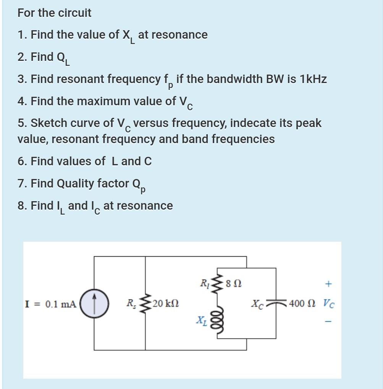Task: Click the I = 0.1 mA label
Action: click(50, 304)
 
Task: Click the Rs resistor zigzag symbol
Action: click(145, 304)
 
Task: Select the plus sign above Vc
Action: click(328, 284)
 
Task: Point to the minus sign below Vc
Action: click(328, 322)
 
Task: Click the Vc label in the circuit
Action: click(329, 304)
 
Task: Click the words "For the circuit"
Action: click(54, 13)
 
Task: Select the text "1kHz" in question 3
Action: click(313, 79)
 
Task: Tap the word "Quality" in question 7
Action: click(76, 184)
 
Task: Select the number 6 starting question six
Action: click(21, 161)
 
